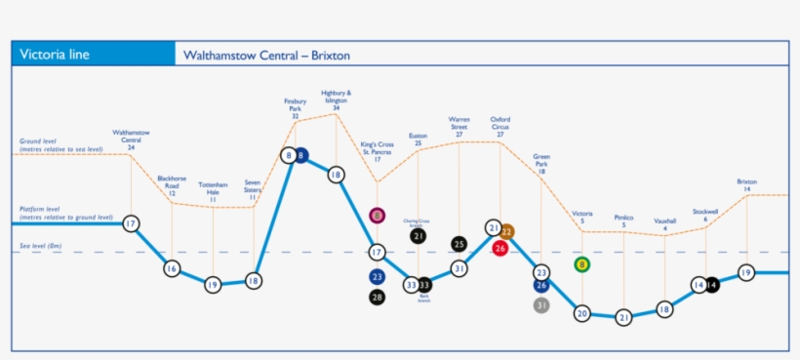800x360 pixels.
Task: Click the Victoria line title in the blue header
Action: pos(55,55)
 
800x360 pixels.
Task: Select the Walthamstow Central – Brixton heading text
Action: pos(266,56)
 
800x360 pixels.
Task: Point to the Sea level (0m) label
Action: pos(46,248)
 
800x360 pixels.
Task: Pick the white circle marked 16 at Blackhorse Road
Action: pos(172,268)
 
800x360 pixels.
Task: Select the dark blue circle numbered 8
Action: pos(302,155)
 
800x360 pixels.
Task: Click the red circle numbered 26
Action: pos(500,249)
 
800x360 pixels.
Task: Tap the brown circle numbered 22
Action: pos(507,231)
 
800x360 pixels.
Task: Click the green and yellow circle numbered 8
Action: pos(582,264)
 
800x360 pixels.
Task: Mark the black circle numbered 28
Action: pos(378,297)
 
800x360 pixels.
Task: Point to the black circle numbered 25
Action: pos(459,244)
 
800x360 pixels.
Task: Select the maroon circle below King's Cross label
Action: pos(377,215)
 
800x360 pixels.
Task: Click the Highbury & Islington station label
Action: pos(336,100)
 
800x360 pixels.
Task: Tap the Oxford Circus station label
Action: pos(500,127)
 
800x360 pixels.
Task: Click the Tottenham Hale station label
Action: pos(213,191)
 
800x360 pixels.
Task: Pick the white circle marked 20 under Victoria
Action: pos(582,313)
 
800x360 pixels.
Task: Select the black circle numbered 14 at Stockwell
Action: pos(712,285)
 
